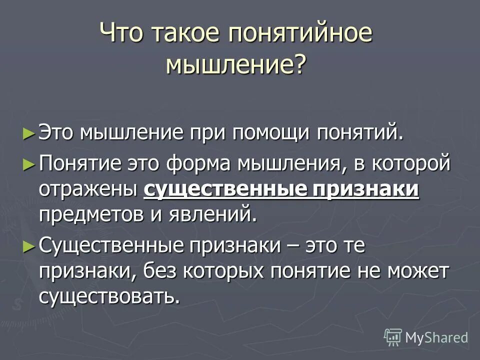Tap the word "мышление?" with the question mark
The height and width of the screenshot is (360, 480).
pos(235,65)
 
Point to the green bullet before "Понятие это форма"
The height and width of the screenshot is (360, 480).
pos(29,163)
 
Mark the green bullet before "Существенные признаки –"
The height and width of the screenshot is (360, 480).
pos(29,245)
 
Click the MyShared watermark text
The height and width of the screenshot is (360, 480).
pos(436,337)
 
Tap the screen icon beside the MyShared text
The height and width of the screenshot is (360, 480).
pos(393,337)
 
